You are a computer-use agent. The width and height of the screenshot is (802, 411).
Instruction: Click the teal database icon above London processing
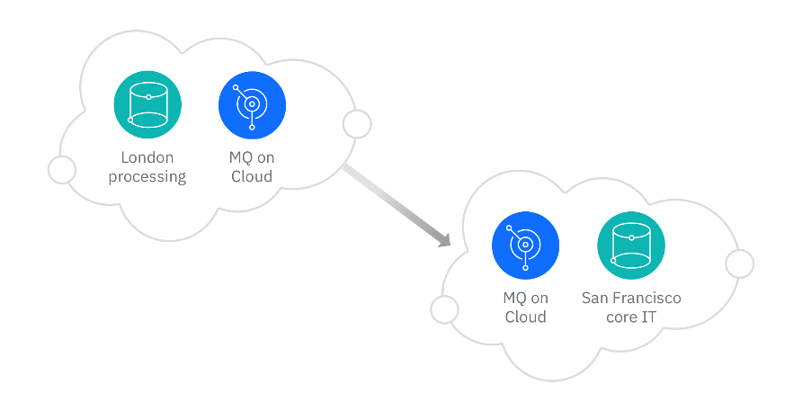147,105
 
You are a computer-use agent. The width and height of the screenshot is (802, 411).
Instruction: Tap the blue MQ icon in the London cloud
252,105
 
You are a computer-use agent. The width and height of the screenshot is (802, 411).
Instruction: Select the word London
147,158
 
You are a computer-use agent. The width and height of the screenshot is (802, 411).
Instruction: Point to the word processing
147,176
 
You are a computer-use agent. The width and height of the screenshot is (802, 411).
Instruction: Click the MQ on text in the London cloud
252,158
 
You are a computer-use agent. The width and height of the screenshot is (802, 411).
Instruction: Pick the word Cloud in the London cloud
252,176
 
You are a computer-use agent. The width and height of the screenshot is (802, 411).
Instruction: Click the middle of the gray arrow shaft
394,204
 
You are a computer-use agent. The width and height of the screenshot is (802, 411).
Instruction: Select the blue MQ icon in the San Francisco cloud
525,246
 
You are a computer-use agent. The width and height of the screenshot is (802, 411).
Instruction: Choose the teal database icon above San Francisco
631,246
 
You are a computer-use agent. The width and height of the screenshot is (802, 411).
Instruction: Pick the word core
618,317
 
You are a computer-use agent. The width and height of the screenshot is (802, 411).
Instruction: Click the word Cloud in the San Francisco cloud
525,317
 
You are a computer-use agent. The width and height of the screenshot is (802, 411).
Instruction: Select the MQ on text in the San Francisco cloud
525,299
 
